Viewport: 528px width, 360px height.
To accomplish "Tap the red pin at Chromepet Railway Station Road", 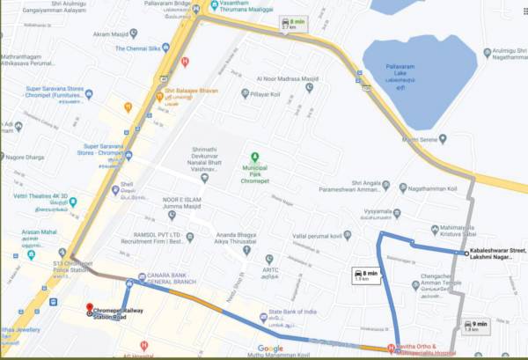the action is (89, 311).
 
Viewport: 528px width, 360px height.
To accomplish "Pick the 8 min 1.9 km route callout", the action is (365, 276).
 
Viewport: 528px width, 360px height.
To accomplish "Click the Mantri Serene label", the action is (420, 139).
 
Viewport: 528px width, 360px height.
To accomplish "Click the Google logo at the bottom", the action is (270, 349).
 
